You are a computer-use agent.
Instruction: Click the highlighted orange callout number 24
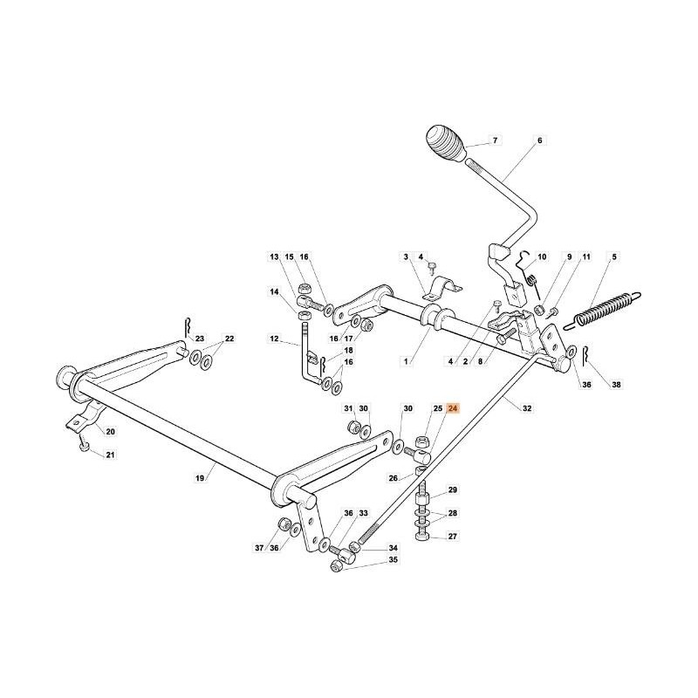coord(452,408)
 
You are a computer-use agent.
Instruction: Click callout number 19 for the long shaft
coord(200,478)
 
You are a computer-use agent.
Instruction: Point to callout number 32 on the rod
coord(526,408)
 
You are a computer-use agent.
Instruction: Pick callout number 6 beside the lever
coord(539,140)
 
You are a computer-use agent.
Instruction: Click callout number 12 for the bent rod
coord(273,339)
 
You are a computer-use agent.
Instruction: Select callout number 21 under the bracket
coord(110,455)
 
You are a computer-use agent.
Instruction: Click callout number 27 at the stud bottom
coord(452,537)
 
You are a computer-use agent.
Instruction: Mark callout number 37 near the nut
coord(258,548)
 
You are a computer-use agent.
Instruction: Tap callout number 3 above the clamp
coord(406,257)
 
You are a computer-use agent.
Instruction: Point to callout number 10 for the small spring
coord(542,257)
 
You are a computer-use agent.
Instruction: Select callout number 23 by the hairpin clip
coord(199,339)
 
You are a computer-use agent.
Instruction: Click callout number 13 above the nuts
coord(273,257)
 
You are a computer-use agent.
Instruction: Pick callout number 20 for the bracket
coord(110,432)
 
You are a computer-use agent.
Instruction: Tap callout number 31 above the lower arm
coord(347,408)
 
